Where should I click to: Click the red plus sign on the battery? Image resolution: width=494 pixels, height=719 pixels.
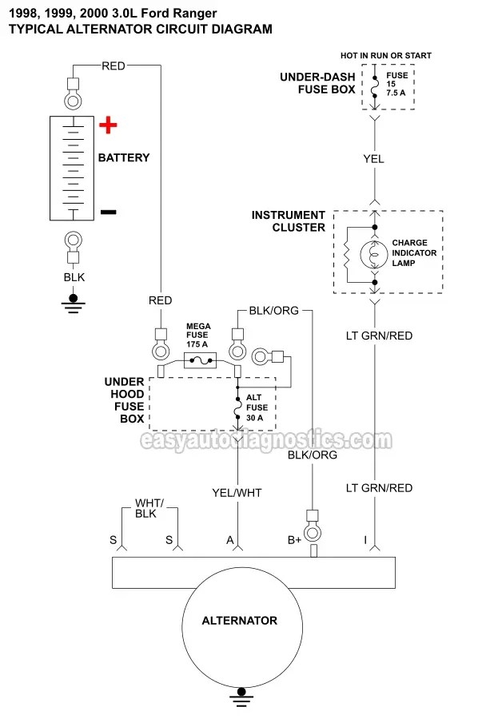click(108, 125)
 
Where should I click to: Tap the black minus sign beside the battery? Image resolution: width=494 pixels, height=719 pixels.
click(108, 212)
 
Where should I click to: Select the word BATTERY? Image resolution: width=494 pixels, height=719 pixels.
click(124, 158)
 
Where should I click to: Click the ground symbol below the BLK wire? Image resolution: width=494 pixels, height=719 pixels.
click(74, 300)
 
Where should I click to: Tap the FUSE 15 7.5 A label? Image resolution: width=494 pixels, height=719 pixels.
click(397, 84)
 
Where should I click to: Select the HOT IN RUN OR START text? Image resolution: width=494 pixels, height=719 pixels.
click(385, 56)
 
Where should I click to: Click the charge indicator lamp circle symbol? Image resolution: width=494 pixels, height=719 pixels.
click(373, 255)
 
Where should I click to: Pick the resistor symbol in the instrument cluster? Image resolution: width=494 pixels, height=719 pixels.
click(347, 255)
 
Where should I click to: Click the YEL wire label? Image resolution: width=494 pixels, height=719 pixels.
click(373, 159)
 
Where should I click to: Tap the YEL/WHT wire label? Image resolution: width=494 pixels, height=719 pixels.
click(237, 493)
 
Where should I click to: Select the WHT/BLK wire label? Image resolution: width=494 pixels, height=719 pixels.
click(148, 508)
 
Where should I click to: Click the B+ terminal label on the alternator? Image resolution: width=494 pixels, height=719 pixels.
click(295, 541)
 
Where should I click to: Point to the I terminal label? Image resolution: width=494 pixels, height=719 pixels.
click(366, 541)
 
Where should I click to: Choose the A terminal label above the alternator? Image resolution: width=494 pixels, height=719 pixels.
click(230, 541)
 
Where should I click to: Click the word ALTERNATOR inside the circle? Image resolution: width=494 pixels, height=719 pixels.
click(239, 620)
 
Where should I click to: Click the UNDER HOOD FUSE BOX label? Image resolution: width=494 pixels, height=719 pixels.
click(125, 400)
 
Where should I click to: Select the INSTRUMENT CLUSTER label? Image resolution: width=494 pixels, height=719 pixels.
click(289, 221)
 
